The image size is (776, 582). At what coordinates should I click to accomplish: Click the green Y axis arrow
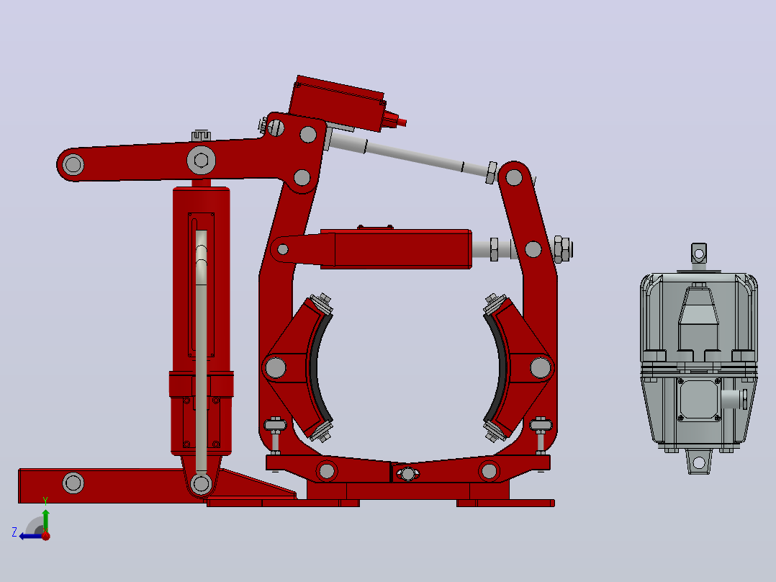point(45,520)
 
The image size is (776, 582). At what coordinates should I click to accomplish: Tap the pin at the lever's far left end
point(73,164)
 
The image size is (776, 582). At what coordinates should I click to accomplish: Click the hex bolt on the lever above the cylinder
point(201,160)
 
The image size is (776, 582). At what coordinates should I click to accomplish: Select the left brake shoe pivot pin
point(276,367)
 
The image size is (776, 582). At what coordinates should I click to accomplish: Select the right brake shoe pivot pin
point(541,367)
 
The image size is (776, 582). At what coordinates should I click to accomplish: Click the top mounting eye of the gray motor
point(699,254)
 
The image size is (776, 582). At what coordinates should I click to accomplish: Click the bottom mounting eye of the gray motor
point(699,462)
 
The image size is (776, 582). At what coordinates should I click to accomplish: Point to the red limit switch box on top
point(337,103)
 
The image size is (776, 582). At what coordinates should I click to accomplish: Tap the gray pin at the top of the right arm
point(514,176)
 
